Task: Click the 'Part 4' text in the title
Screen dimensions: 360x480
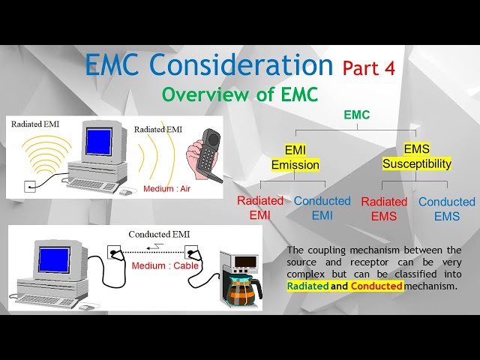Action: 368,68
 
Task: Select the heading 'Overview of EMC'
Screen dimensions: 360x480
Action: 240,94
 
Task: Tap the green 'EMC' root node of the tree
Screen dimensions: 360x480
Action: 356,115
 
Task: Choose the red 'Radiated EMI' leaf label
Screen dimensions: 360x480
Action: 260,208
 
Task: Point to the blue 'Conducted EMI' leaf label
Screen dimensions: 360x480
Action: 322,208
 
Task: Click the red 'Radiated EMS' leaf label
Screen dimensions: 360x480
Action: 384,208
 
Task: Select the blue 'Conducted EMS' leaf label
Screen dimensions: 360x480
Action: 446,208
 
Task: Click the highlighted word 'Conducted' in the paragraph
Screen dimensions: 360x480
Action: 377,286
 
